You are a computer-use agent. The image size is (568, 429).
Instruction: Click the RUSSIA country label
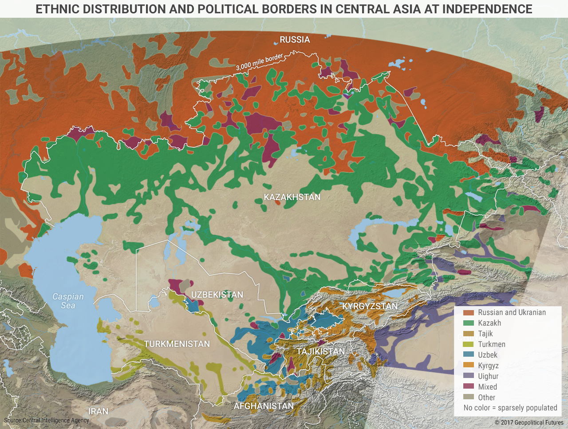coord(295,40)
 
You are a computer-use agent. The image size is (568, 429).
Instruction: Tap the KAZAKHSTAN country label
coord(292,197)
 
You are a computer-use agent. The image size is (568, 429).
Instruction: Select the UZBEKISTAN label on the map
coord(217,295)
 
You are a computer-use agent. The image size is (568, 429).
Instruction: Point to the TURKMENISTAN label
coord(177,344)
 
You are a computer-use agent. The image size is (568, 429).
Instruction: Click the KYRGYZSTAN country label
coord(370,306)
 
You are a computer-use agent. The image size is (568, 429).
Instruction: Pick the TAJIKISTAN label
coord(320,351)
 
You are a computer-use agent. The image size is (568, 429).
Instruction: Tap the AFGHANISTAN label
coord(264,406)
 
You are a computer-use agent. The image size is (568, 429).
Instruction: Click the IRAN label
coord(98,411)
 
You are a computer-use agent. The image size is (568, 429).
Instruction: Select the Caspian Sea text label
coord(68,301)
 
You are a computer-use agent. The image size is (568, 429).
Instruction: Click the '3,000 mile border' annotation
coord(259,63)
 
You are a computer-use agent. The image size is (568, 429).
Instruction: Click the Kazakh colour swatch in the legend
coord(469,323)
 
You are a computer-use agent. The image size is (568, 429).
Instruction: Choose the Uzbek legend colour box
coord(469,355)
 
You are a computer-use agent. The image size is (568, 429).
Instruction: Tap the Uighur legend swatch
coord(469,376)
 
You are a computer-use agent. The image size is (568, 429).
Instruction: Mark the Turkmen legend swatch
coord(469,344)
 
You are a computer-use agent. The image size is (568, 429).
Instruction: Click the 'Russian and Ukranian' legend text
coord(512,312)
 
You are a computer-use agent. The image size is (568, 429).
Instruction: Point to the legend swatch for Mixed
coord(469,387)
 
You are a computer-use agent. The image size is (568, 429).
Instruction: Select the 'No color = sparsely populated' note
coord(510,408)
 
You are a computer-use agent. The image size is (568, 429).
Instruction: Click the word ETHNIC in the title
coord(55,9)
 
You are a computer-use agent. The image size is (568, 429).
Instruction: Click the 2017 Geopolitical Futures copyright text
coord(529,422)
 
